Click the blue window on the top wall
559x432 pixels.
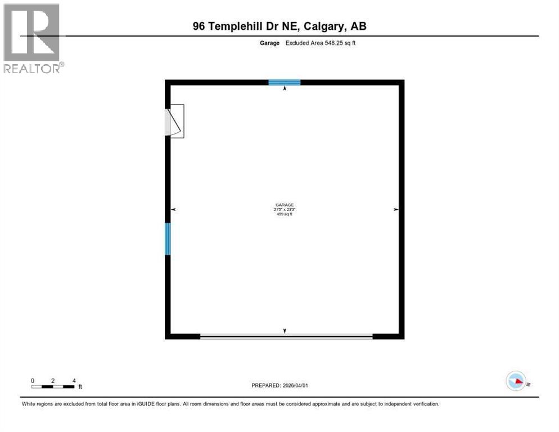point(284,83)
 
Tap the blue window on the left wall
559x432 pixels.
point(167,238)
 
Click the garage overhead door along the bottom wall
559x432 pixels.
point(286,336)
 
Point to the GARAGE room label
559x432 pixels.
point(285,205)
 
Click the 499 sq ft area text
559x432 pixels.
point(285,214)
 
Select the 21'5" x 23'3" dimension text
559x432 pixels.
point(285,210)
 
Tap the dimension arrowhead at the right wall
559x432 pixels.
point(396,209)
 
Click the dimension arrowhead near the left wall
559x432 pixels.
point(174,209)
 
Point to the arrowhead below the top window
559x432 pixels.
point(285,88)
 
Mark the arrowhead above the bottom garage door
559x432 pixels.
point(285,331)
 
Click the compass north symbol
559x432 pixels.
point(516,382)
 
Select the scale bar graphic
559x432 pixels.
point(53,386)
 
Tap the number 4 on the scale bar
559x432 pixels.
point(74,381)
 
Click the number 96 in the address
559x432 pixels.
point(199,26)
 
